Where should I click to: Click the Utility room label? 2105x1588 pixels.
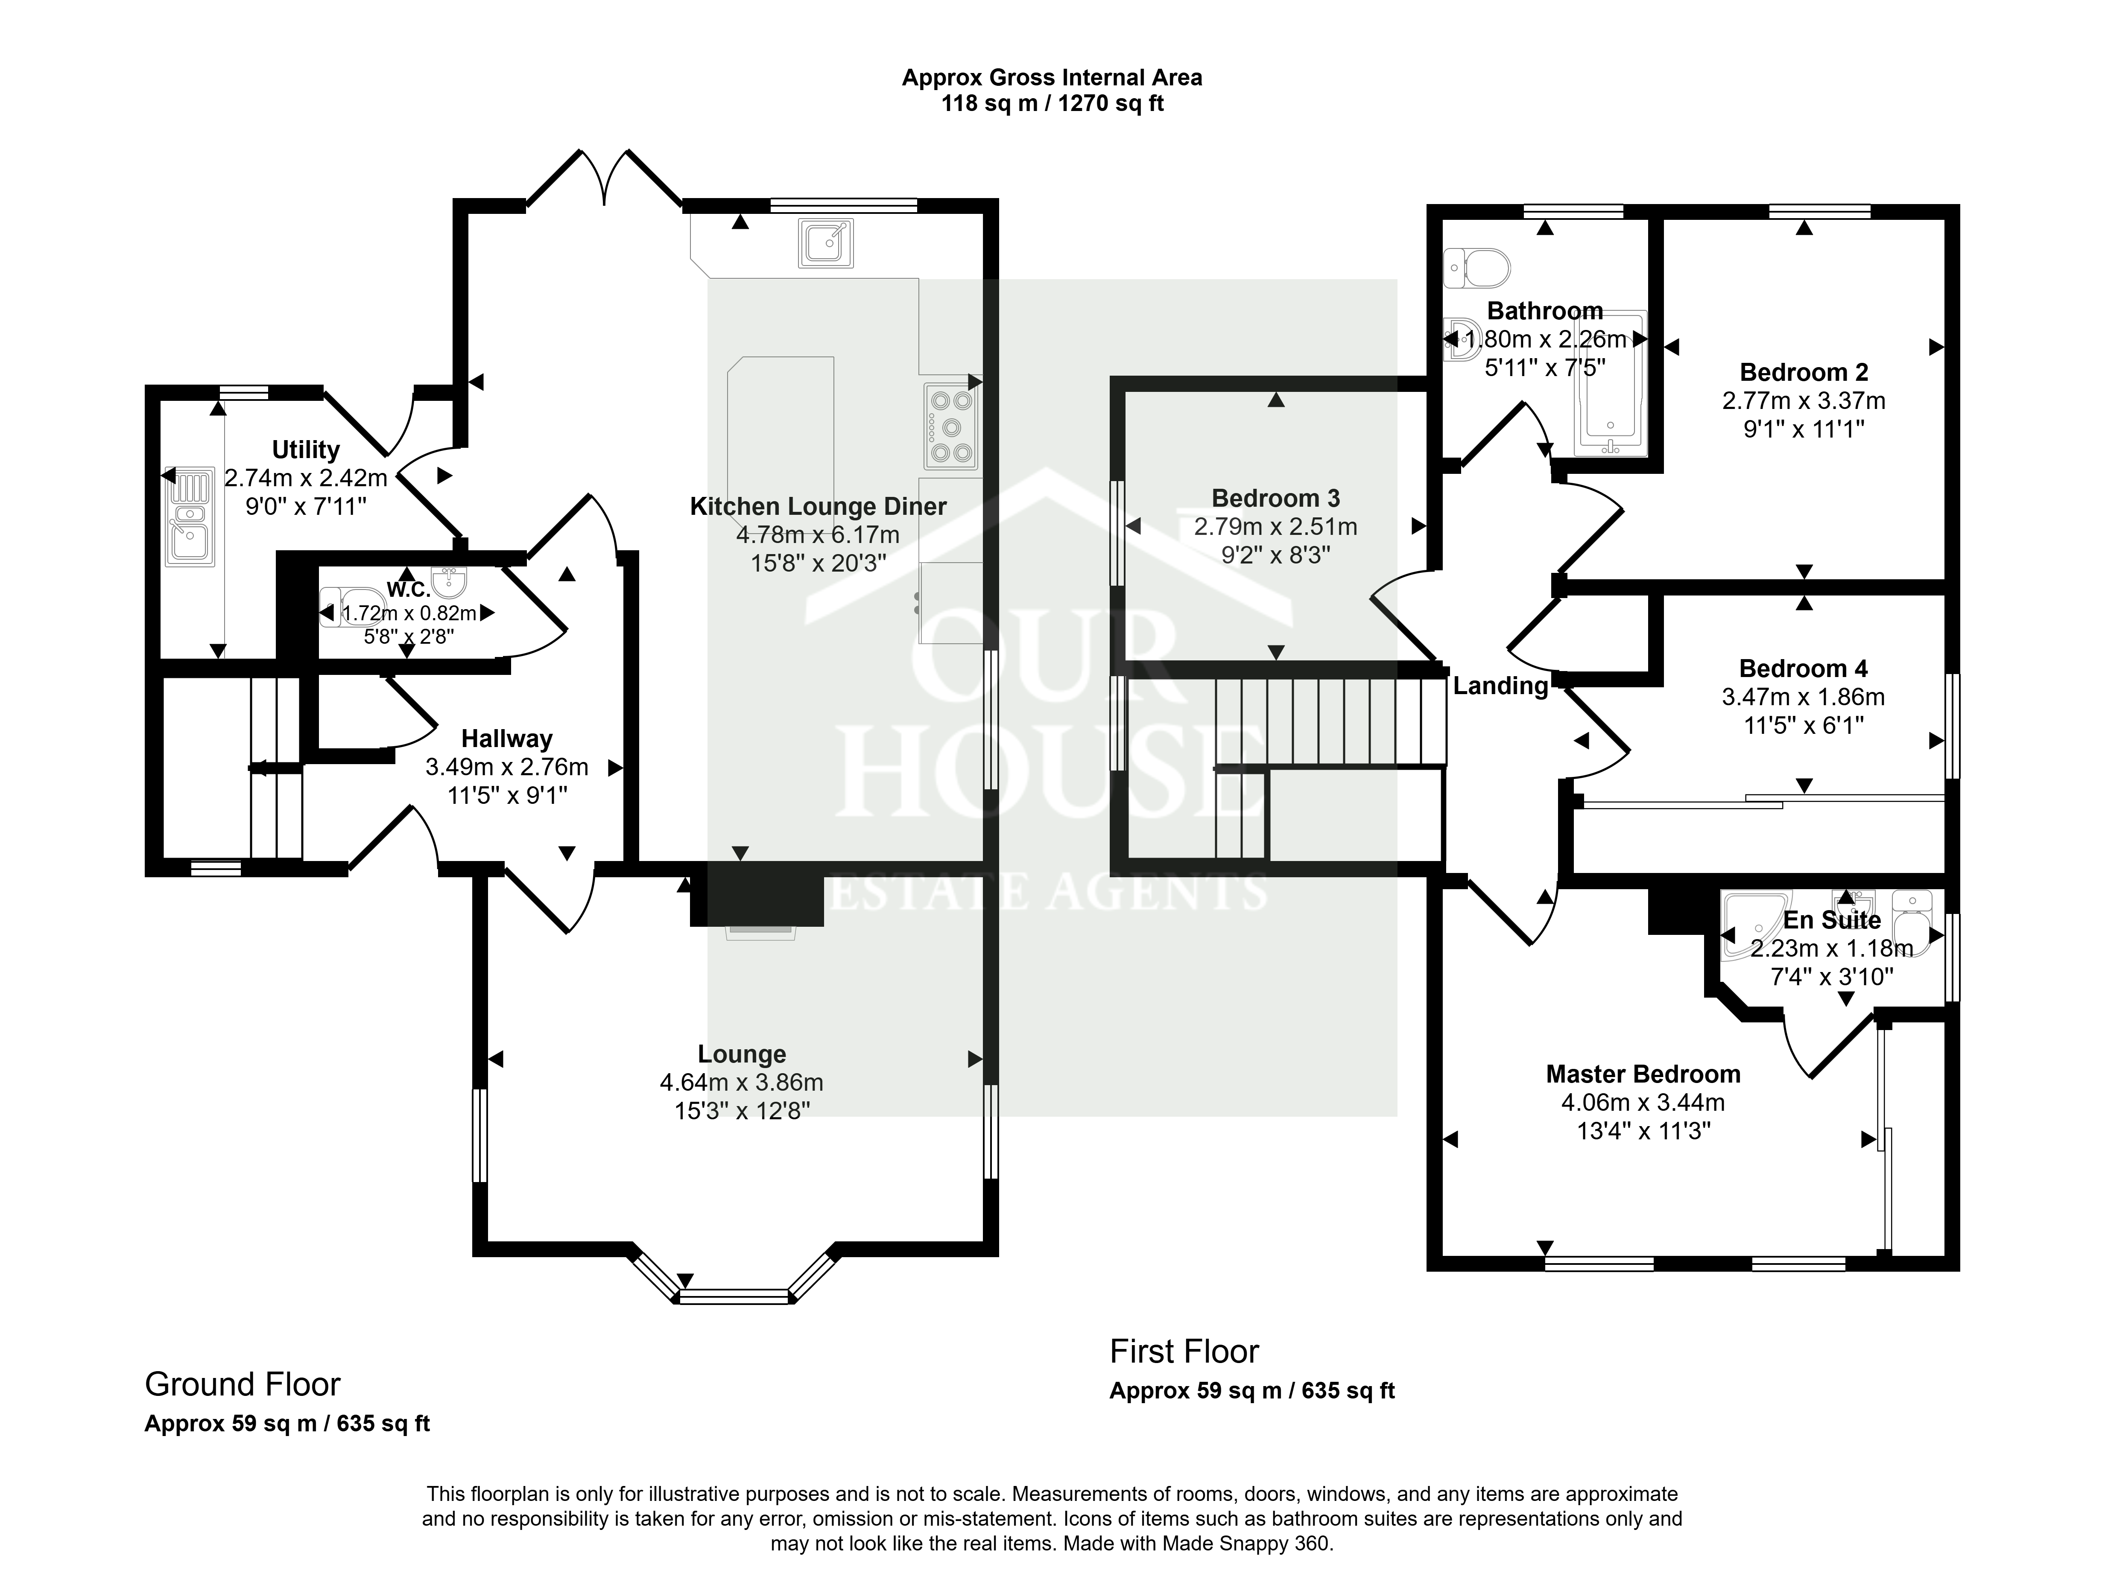coord(305,450)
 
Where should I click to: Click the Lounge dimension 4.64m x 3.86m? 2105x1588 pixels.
coord(741,1083)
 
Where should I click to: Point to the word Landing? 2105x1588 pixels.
coord(1501,686)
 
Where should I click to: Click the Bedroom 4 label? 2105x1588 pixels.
coord(1803,669)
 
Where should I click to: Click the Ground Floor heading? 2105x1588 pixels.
coord(243,1384)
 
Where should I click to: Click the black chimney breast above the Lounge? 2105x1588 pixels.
coord(757,894)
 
